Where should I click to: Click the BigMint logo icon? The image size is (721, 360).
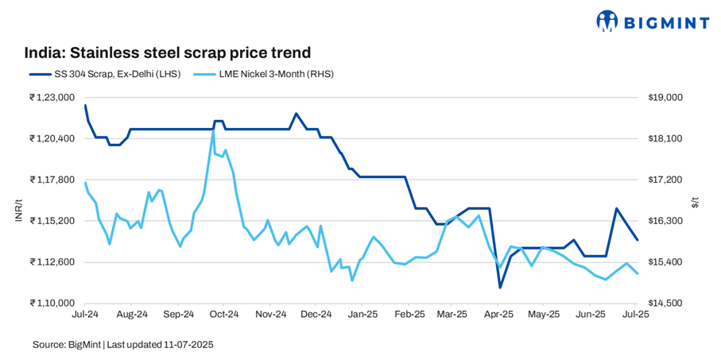click(x=607, y=21)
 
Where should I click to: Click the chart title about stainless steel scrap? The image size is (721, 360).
click(x=167, y=52)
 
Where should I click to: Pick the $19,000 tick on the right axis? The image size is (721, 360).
click(x=667, y=98)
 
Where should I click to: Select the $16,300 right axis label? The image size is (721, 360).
click(x=667, y=221)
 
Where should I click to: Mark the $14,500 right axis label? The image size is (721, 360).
click(x=667, y=303)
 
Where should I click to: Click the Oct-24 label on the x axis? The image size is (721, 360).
click(x=224, y=315)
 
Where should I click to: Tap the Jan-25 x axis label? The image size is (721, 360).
click(x=362, y=315)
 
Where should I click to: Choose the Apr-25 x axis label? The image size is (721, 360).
click(x=498, y=315)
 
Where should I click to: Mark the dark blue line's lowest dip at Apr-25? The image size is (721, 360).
click(x=500, y=288)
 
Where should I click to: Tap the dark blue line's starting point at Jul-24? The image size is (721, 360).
click(x=85, y=106)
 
